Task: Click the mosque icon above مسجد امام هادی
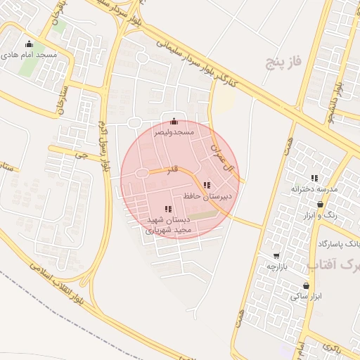point(29,44)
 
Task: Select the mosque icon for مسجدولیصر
point(174,121)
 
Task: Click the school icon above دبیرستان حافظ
point(206,184)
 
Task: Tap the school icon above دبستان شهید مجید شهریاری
point(167,208)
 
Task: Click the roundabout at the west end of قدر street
point(141,173)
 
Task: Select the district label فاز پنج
point(283,63)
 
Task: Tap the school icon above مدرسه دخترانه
point(314,179)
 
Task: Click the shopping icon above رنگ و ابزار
point(321,204)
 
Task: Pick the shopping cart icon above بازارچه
point(276,256)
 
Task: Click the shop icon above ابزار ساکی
point(306,285)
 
